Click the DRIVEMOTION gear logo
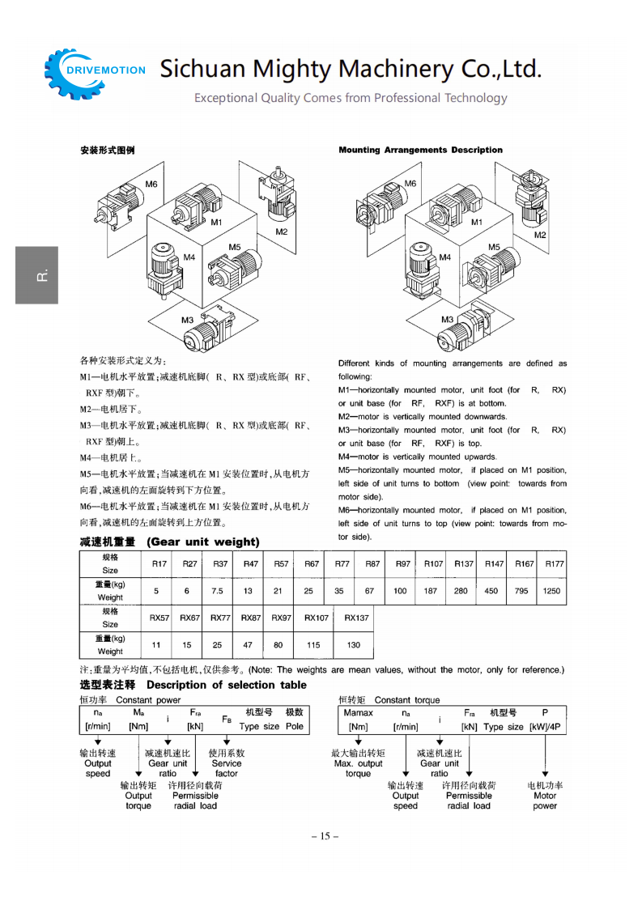click(96, 71)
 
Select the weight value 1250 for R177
click(551, 591)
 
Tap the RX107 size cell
click(317, 618)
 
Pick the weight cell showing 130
click(354, 645)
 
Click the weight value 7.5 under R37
click(218, 591)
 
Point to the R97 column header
click(402, 563)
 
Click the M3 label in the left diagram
click(187, 320)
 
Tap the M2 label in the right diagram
click(540, 236)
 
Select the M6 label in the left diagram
click(151, 184)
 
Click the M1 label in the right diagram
click(477, 222)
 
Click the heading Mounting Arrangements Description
click(420, 150)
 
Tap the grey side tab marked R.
click(36, 275)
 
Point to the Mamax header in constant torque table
click(359, 713)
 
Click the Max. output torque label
click(358, 763)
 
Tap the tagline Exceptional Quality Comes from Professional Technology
click(350, 98)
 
